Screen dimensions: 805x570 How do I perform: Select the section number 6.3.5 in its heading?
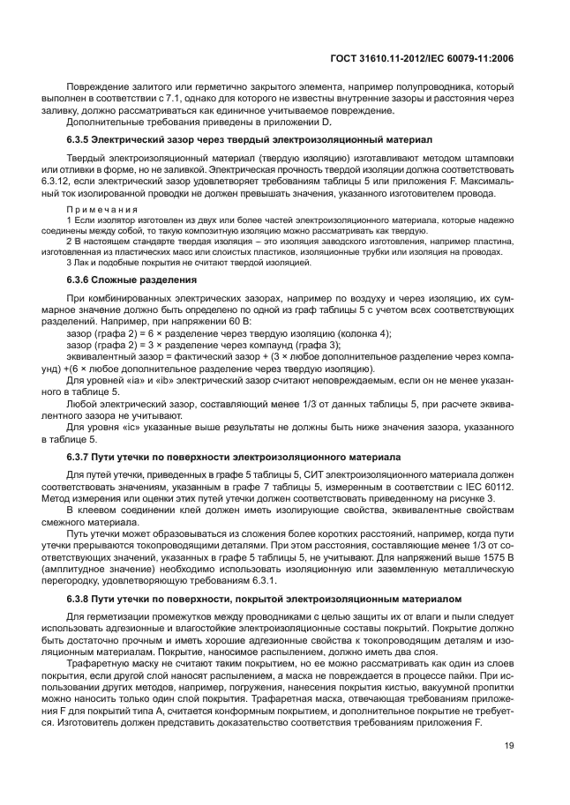pos(81,139)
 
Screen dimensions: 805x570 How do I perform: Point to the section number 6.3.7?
pos(81,458)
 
